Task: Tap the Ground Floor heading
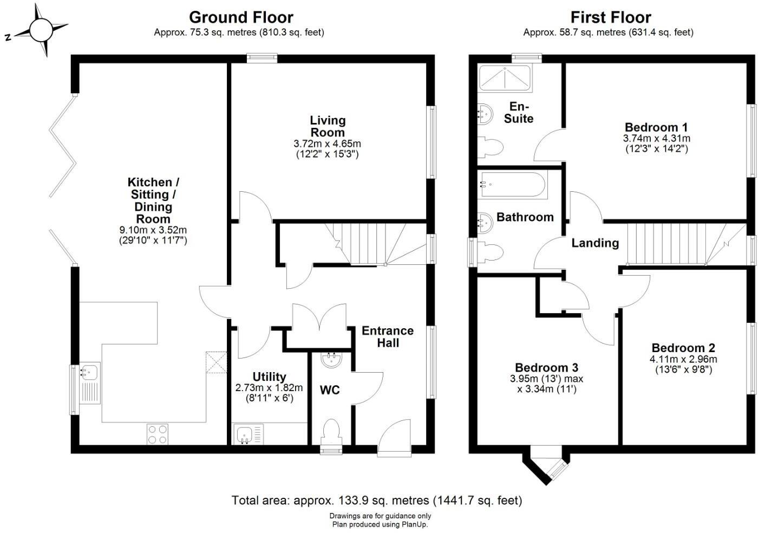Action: click(x=241, y=17)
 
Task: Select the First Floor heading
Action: click(x=611, y=17)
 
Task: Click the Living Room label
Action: click(x=328, y=126)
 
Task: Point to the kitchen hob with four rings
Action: click(x=158, y=434)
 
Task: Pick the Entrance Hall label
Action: click(x=388, y=336)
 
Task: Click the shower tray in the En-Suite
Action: click(x=505, y=78)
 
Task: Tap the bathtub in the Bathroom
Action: click(x=513, y=185)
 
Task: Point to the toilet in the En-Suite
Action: click(x=490, y=147)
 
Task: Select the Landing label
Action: click(x=595, y=243)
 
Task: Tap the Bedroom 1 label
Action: click(x=656, y=127)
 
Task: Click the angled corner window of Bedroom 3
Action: click(x=558, y=470)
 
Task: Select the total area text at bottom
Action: click(x=377, y=500)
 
